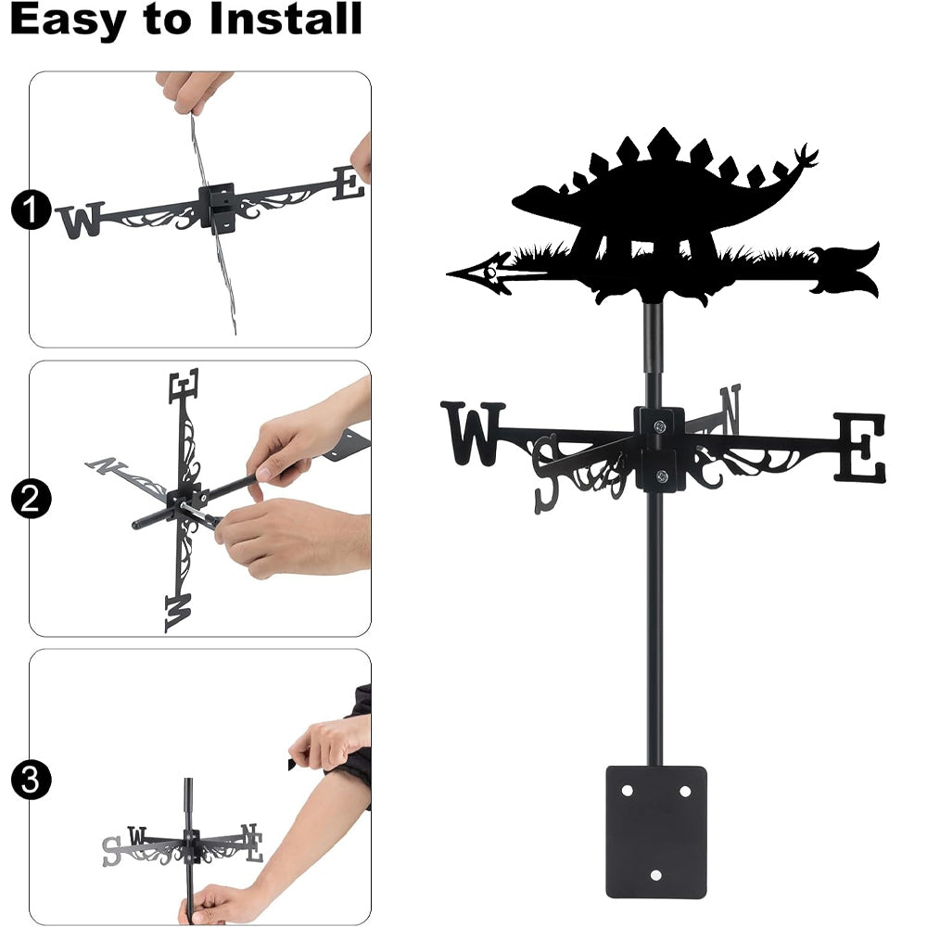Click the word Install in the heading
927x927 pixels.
286,19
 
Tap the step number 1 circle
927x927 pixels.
31,210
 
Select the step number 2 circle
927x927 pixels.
31,499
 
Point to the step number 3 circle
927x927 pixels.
31,780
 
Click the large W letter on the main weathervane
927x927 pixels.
473,433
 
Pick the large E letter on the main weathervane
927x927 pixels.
860,447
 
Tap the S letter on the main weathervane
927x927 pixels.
545,474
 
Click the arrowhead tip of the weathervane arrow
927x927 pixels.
448,273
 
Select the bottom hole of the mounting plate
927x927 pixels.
655,875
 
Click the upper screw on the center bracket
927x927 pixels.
659,425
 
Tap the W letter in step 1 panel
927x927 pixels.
81,220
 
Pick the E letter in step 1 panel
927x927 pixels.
349,184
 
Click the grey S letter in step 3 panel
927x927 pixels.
111,851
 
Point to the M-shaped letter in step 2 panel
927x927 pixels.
178,613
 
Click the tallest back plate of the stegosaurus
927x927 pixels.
663,144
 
